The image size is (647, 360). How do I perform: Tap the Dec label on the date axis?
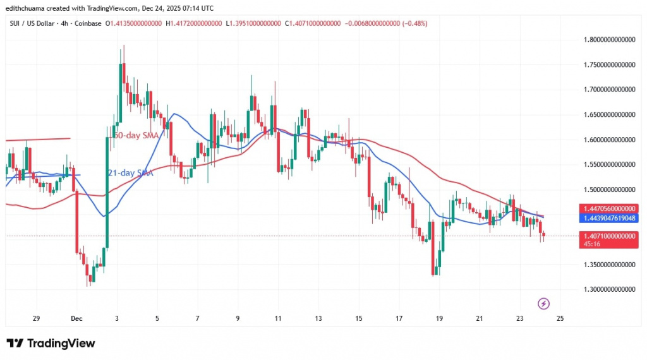tap(76, 318)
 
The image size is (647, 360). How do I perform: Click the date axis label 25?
tap(560, 318)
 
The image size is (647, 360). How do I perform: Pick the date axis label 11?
tap(277, 318)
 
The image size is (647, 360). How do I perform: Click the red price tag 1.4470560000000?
tap(608, 208)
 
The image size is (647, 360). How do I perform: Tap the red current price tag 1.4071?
tap(608, 235)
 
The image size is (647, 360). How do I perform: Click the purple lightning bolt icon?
tap(543, 304)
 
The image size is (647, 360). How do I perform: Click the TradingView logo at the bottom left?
tap(51, 343)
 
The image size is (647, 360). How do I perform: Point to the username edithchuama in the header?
tap(28, 8)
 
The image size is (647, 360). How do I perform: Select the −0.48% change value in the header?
tap(412, 23)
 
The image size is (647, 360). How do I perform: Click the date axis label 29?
tap(36, 318)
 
